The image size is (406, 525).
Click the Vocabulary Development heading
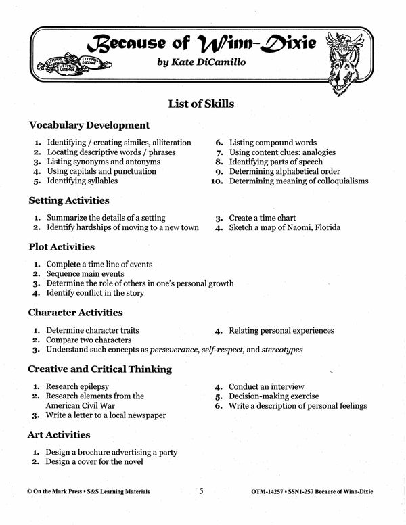point(89,125)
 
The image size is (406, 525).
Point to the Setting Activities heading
point(68,200)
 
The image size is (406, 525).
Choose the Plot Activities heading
point(62,247)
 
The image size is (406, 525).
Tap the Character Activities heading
point(75,313)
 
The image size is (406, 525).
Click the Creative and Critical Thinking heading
point(99,369)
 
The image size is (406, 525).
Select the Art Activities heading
point(59,434)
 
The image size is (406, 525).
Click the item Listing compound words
point(273,143)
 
